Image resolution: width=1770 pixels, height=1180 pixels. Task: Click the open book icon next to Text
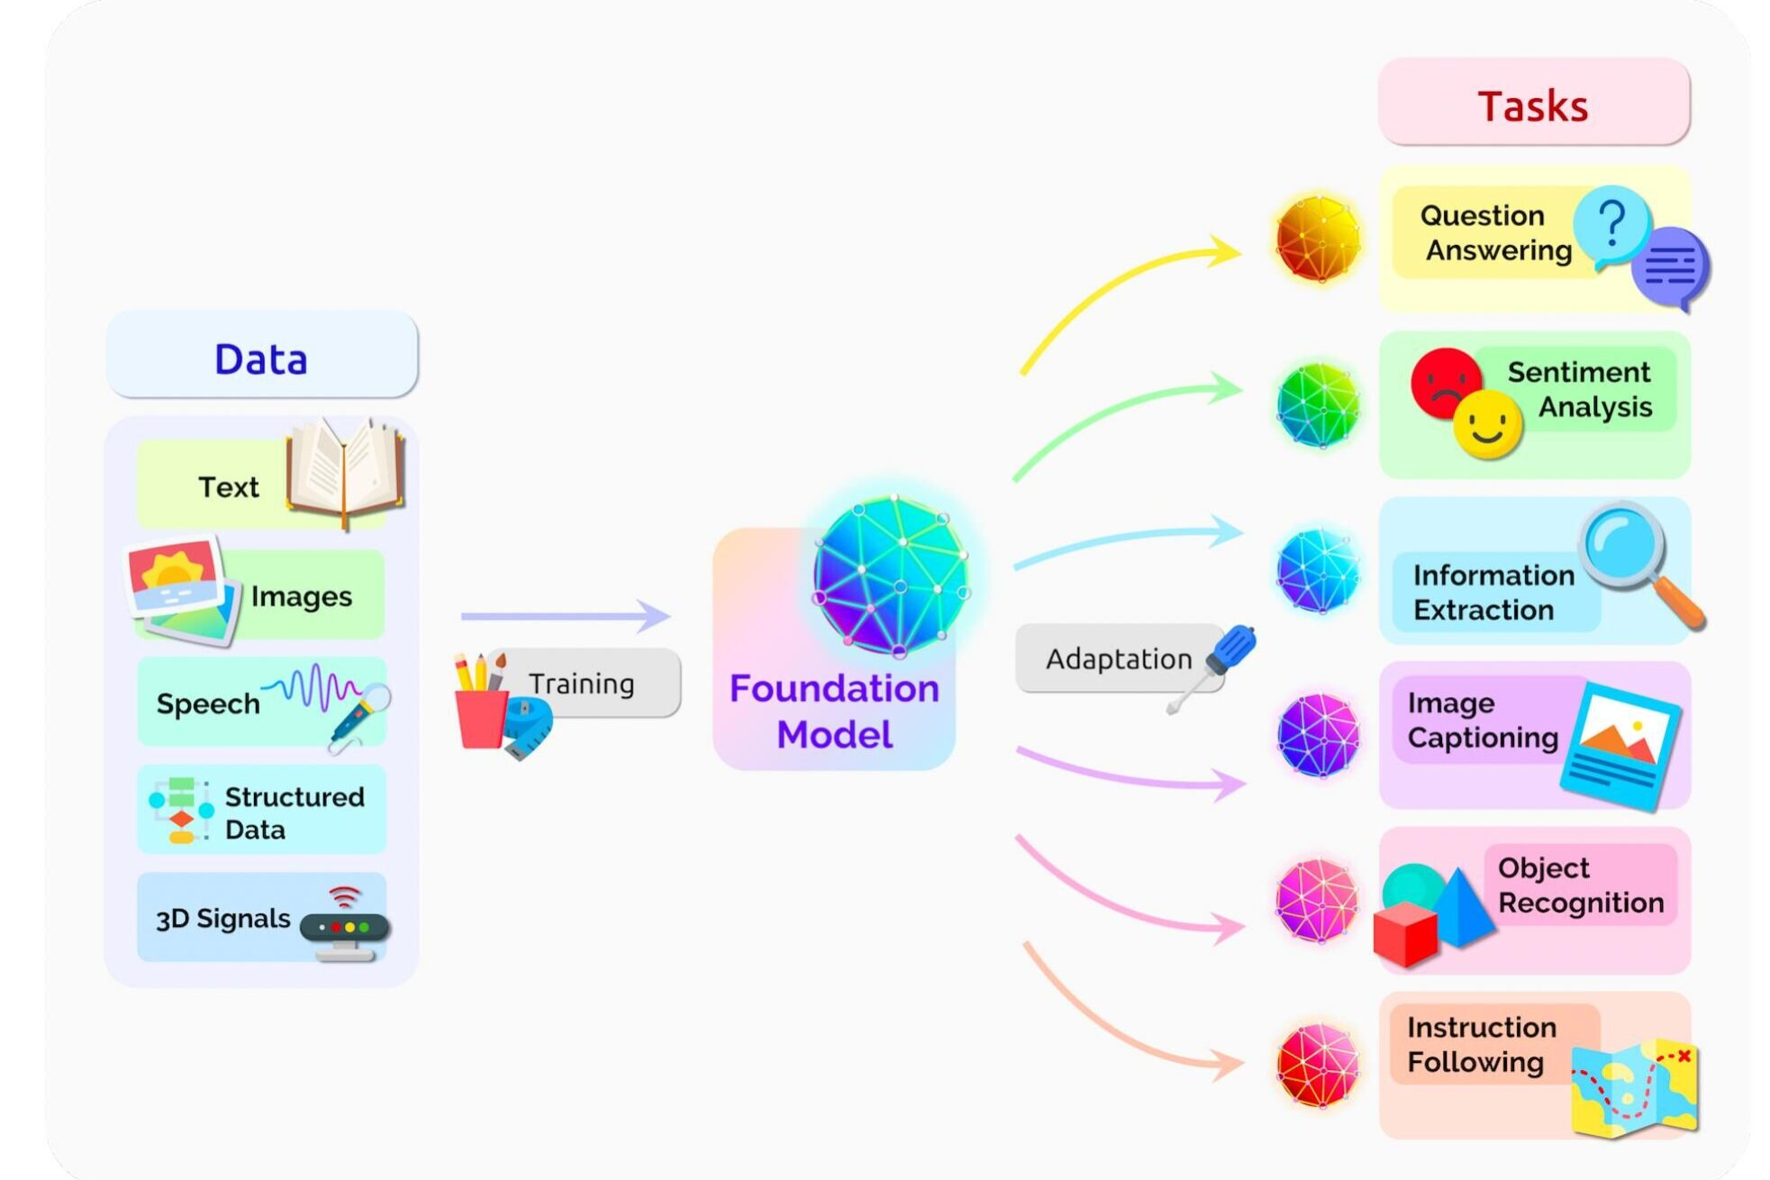[x=345, y=473]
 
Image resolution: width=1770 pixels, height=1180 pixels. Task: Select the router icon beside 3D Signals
[x=344, y=928]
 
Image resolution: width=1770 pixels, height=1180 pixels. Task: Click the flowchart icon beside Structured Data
[x=181, y=809]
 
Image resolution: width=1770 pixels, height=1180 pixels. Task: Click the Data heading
[x=261, y=358]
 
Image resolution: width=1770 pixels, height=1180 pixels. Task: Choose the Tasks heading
[x=1532, y=105]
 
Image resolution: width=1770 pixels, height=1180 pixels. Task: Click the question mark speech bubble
[x=1611, y=225]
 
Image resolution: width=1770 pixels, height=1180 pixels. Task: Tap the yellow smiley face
[x=1486, y=422]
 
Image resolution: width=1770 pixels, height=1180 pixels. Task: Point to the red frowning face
[x=1444, y=383]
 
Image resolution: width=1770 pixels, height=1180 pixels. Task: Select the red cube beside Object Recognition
[x=1405, y=933]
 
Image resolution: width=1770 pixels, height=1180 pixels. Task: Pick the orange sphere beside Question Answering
[x=1317, y=239]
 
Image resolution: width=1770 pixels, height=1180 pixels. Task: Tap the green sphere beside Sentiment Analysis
[x=1317, y=404]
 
